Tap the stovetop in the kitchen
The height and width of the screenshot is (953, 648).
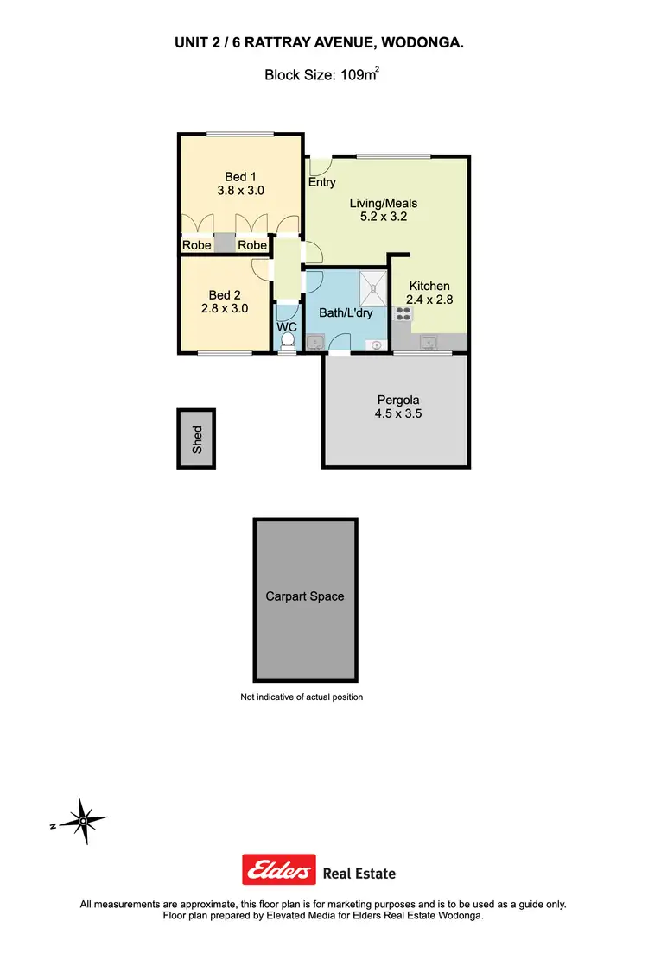(x=403, y=315)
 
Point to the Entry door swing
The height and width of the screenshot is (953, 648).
(x=320, y=165)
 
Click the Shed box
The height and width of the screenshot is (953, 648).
(x=196, y=439)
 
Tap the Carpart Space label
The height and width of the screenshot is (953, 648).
(x=304, y=596)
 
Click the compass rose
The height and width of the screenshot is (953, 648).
(x=82, y=820)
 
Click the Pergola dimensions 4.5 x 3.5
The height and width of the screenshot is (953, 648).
(x=399, y=413)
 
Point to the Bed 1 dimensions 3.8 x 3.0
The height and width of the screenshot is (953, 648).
(x=241, y=191)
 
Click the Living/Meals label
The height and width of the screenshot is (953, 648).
(x=383, y=204)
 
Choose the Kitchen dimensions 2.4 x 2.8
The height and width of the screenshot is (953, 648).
(x=429, y=300)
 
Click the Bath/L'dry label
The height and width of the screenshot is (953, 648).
(x=345, y=312)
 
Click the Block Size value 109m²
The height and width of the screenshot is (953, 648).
(x=357, y=75)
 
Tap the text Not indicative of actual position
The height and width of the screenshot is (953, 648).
(x=302, y=697)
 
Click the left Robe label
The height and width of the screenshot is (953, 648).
(x=195, y=245)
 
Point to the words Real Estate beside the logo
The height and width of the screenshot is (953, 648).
(x=359, y=873)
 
